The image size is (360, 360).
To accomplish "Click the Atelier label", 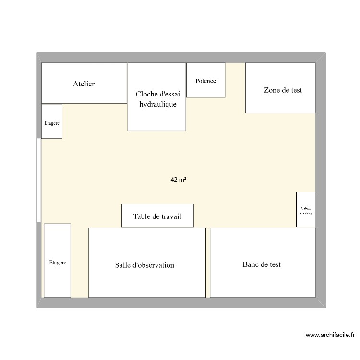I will tap(84, 84).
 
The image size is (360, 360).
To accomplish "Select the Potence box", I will tap(205, 80).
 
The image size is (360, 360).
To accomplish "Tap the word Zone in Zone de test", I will tap(272, 90).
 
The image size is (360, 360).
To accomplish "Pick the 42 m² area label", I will tap(178, 180).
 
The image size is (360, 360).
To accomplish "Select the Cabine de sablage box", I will tap(306, 209).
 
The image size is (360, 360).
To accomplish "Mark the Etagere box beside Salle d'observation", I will tap(58, 260).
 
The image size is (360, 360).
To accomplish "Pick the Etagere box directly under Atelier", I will tap(52, 121).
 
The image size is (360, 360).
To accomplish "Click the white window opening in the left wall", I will tap(39, 180).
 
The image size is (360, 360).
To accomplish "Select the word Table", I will tap(143, 216).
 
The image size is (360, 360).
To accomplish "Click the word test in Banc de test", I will tap(274, 264).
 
